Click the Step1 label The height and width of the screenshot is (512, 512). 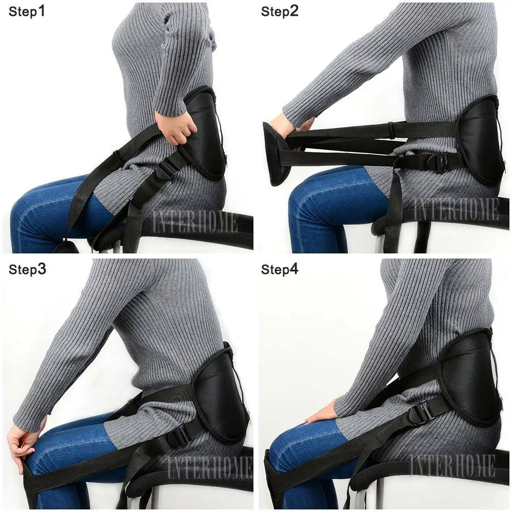(27, 12)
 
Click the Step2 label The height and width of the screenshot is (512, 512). (280, 12)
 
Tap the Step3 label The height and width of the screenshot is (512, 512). (27, 269)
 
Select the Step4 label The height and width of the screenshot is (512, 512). (280, 269)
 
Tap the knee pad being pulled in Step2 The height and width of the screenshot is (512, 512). (277, 154)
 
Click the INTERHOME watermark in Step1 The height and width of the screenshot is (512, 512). (195, 223)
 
